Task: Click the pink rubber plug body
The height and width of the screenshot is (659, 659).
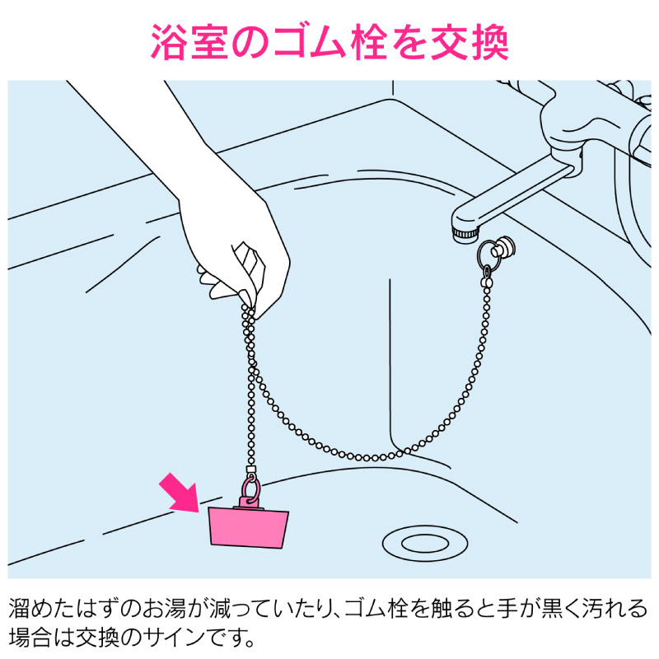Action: pyautogui.click(x=249, y=527)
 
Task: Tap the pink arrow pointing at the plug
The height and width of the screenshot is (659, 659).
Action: pyautogui.click(x=179, y=493)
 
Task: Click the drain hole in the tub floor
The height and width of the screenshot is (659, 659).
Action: pyautogui.click(x=425, y=543)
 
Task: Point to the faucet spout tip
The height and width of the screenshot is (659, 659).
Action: pyautogui.click(x=465, y=233)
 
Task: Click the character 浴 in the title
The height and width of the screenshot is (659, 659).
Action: pyautogui.click(x=168, y=42)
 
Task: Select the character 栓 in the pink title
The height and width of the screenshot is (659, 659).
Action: pyautogui.click(x=369, y=42)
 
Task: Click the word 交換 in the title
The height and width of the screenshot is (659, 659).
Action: pyautogui.click(x=470, y=42)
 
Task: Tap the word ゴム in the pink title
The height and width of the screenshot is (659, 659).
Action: pyautogui.click(x=310, y=42)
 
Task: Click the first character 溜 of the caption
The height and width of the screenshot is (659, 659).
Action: pyautogui.click(x=19, y=608)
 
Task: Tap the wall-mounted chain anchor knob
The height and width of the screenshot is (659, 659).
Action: pyautogui.click(x=503, y=247)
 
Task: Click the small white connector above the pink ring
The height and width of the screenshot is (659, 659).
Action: pyautogui.click(x=250, y=470)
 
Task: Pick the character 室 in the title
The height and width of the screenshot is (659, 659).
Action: pyautogui.click(x=209, y=42)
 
